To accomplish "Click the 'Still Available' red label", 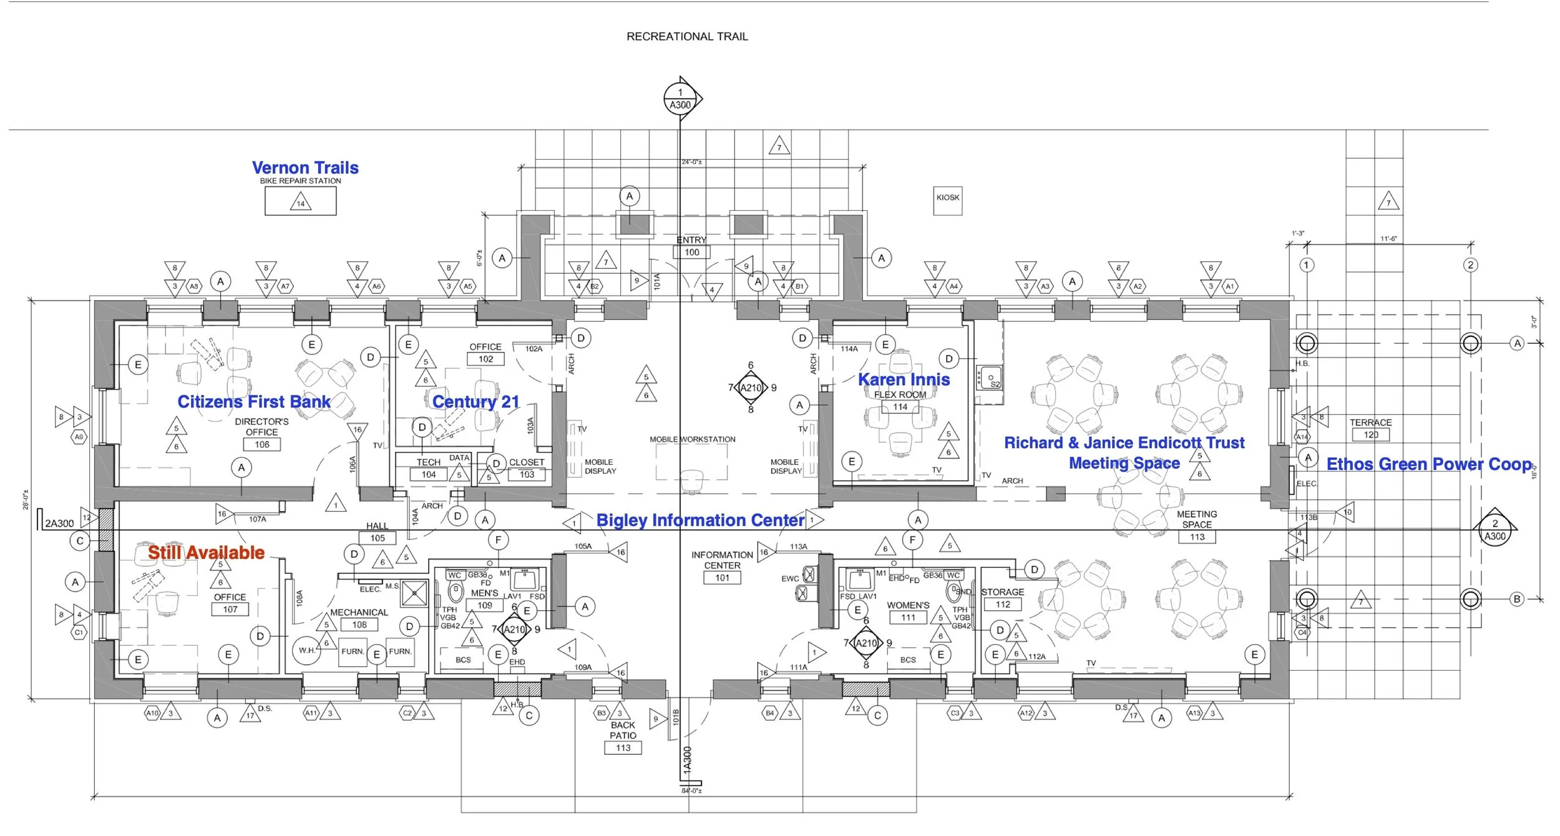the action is click(x=206, y=553).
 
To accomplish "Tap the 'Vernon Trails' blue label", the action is click(x=305, y=168).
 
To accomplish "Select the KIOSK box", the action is click(x=947, y=200).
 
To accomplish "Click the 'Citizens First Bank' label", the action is click(x=253, y=402).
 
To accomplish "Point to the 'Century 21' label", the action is click(x=475, y=402).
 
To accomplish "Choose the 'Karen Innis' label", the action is click(x=904, y=379).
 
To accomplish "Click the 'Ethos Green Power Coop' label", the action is click(x=1429, y=464).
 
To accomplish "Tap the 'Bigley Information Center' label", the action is click(x=700, y=520).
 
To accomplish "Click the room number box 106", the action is click(x=262, y=445).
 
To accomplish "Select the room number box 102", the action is click(x=485, y=359).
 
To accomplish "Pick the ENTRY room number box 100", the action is click(x=692, y=253).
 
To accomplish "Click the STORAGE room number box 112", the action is click(x=1003, y=605).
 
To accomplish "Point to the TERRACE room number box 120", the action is click(x=1371, y=435).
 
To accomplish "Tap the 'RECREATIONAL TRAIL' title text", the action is click(x=687, y=37).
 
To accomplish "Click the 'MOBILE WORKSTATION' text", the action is click(x=692, y=439).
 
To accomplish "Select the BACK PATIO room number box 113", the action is click(x=623, y=748).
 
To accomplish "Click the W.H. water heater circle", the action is click(x=306, y=650).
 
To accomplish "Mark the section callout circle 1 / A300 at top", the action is click(x=680, y=99).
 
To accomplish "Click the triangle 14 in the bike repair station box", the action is click(x=301, y=203).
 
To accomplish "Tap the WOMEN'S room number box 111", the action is click(x=908, y=618).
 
